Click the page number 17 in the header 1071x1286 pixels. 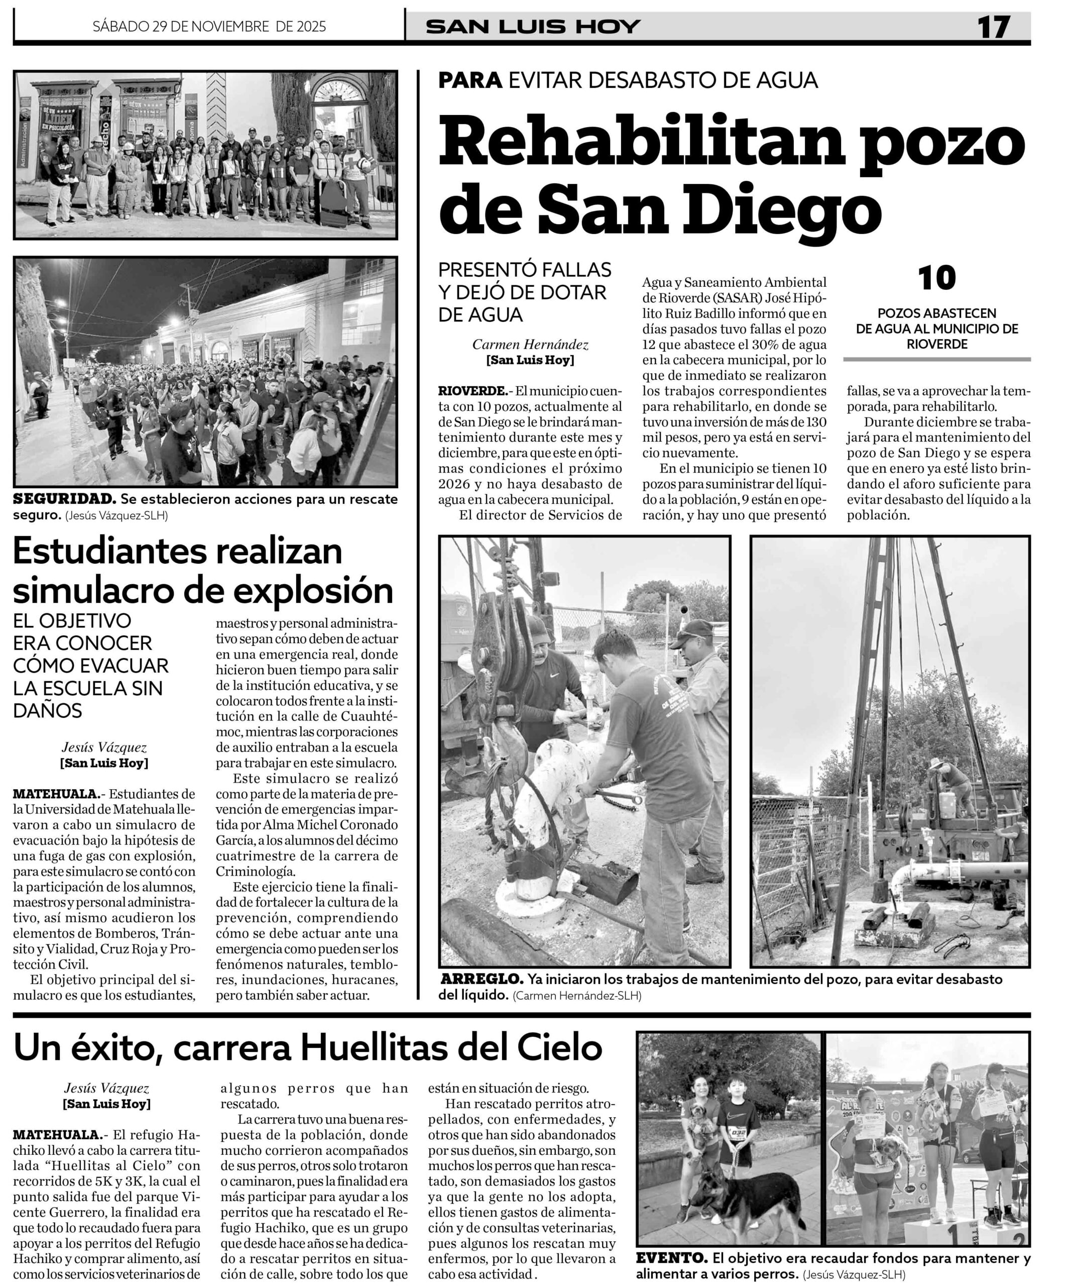pos(993,27)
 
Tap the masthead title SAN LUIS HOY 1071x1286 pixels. pos(532,27)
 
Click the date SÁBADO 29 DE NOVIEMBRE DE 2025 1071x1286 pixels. pos(209,27)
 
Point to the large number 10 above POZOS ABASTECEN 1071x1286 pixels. pos(936,279)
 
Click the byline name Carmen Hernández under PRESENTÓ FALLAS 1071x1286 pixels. pos(530,345)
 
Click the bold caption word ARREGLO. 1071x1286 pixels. pos(481,979)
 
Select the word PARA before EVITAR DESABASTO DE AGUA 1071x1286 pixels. pos(470,80)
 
